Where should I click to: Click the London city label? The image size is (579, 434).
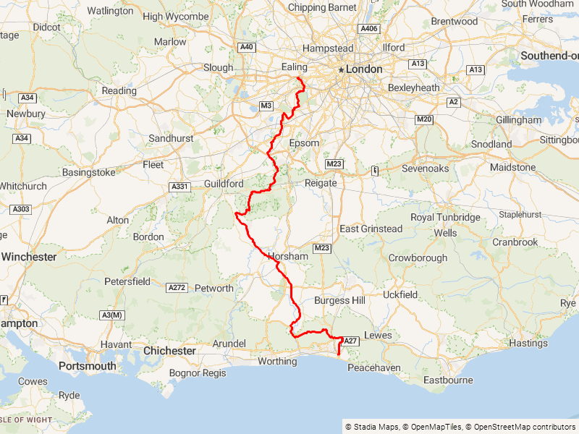click(x=364, y=69)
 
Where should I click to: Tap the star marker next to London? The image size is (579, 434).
click(x=341, y=69)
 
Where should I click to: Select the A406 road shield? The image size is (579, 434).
click(x=369, y=29)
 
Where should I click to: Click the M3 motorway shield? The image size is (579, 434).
click(x=266, y=106)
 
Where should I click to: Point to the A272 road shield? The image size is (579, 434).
click(x=177, y=287)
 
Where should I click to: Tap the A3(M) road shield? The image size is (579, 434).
click(x=113, y=315)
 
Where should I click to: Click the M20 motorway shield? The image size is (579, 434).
click(x=423, y=119)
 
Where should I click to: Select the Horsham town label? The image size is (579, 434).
click(x=287, y=256)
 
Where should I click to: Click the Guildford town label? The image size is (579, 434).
click(x=224, y=184)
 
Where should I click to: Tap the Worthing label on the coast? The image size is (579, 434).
click(x=277, y=361)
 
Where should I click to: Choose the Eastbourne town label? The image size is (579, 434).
click(x=448, y=380)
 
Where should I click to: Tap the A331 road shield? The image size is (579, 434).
click(x=179, y=187)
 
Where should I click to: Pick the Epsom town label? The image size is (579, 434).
click(x=304, y=143)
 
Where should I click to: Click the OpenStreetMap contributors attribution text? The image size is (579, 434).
click(x=520, y=427)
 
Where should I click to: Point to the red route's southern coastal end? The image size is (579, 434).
click(x=339, y=354)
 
